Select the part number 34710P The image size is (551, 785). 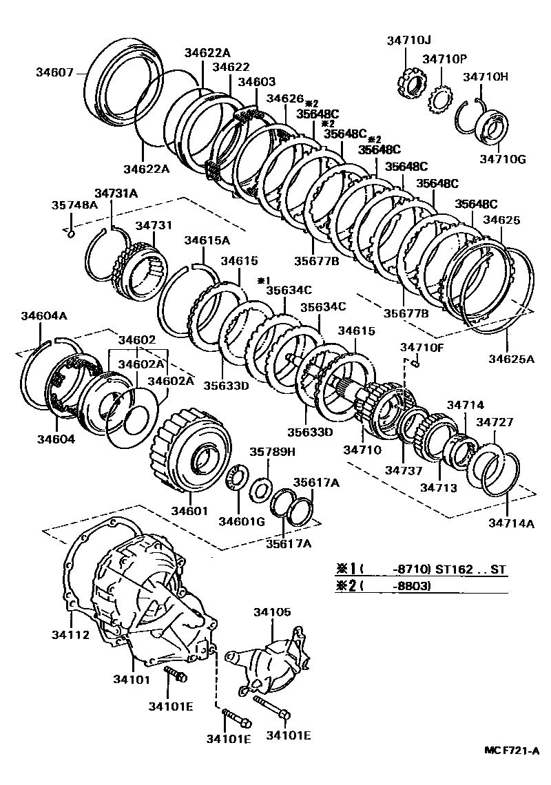445,59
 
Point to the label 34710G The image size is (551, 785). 503,160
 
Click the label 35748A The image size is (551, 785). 74,205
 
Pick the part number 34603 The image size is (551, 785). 257,81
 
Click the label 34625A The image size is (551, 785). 512,358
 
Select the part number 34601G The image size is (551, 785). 241,521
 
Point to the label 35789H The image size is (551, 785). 272,452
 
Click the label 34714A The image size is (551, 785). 512,523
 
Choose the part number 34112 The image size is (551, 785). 72,634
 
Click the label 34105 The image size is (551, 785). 272,611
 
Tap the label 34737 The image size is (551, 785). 402,470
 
